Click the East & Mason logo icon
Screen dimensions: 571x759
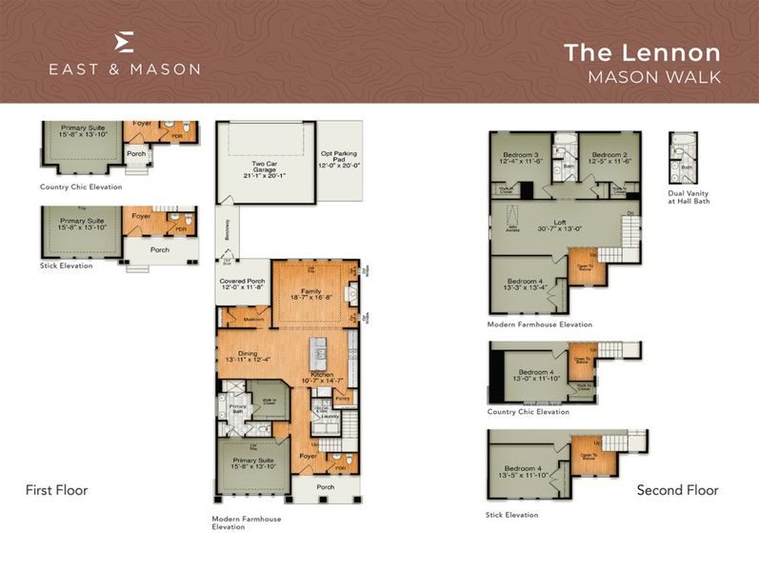point(124,43)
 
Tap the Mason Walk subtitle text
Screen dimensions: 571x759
point(653,77)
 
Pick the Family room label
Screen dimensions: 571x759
point(310,295)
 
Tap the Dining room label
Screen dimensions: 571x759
point(248,356)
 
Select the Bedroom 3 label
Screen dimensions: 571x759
point(522,158)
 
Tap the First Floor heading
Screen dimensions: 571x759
point(56,490)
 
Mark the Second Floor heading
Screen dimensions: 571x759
point(677,490)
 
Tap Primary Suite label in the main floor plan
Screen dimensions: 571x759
point(253,464)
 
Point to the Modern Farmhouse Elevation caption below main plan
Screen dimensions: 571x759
point(247,522)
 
